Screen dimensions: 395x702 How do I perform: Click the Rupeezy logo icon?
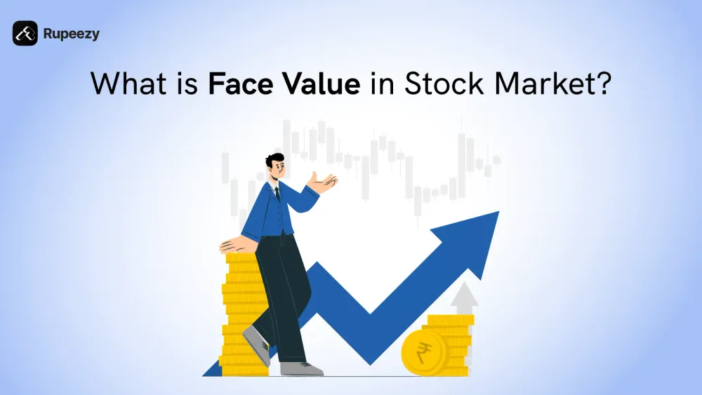(x=25, y=34)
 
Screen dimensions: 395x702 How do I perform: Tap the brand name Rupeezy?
(x=71, y=34)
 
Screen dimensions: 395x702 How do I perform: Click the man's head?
(x=275, y=166)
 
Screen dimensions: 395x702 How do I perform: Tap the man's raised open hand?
(x=325, y=182)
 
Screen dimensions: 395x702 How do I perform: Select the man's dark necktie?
(x=277, y=193)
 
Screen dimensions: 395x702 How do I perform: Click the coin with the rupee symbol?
(x=422, y=352)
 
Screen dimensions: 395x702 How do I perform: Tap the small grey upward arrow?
(x=464, y=298)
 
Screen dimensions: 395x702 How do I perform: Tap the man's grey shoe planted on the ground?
(x=301, y=368)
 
